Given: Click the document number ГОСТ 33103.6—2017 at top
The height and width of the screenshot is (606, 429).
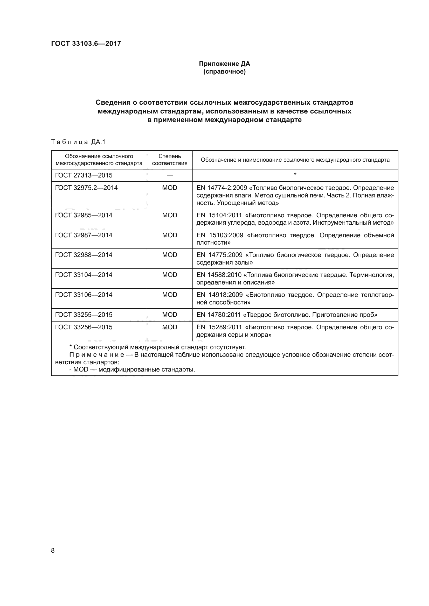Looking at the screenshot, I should [86, 44].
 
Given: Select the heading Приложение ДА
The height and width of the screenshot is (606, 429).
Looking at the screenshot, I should [224, 64].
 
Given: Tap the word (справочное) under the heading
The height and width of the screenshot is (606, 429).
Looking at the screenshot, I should [224, 72].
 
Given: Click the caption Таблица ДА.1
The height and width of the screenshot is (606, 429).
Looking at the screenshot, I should [78, 142].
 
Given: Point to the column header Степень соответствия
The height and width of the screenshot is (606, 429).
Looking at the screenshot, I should [170, 160].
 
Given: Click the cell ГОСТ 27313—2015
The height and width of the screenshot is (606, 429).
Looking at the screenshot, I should [84, 175].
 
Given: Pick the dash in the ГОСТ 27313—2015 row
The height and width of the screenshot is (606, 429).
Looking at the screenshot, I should [170, 175].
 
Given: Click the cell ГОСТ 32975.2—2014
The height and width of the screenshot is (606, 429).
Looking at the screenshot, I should [86, 188].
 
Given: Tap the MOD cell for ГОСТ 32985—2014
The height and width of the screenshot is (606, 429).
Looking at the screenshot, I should [170, 215].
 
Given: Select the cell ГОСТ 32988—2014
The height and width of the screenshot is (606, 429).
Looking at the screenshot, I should [84, 255].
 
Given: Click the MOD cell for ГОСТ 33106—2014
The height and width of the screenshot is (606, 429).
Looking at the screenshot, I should [170, 295].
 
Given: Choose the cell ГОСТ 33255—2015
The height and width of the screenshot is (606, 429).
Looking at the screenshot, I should [84, 315].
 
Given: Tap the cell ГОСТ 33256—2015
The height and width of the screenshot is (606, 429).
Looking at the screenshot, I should [84, 327].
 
